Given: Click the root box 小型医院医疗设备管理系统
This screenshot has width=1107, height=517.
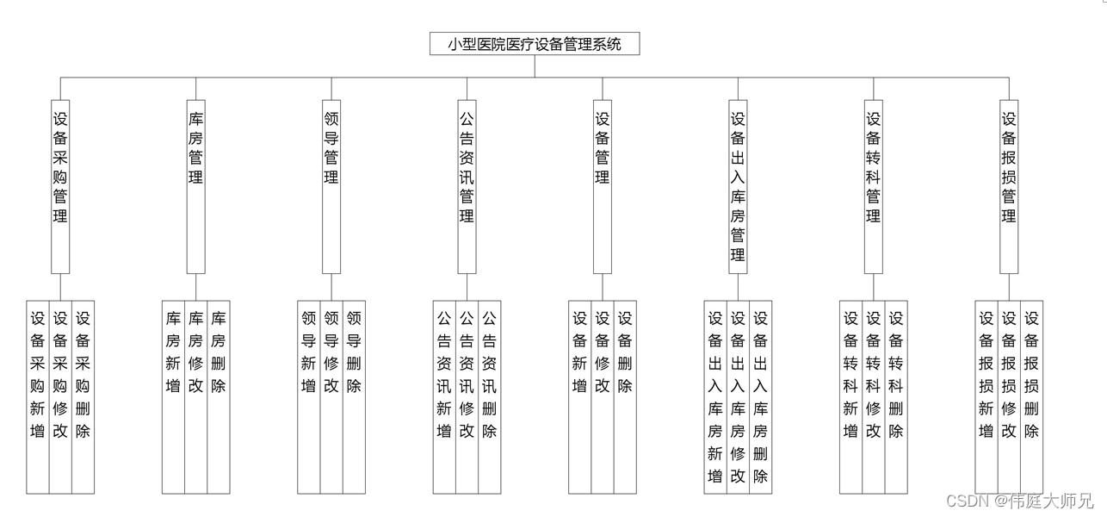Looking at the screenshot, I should point(535,44).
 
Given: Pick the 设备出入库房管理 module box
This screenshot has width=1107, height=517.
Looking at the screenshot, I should point(738,186).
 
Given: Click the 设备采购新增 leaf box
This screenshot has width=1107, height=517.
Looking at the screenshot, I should point(38,396).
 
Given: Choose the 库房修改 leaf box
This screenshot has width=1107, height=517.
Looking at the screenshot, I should point(196,396).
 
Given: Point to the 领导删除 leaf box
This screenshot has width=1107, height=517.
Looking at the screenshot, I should point(354,396).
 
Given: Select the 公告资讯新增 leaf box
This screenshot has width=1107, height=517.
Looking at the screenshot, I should point(444,396).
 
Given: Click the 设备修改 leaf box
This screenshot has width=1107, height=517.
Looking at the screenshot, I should point(603,396).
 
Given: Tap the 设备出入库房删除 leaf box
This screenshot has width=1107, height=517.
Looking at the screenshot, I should point(760,396).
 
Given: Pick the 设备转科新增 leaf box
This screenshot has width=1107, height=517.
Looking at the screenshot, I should point(851,396).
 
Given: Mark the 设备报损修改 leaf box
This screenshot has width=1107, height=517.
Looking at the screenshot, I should point(1009,396).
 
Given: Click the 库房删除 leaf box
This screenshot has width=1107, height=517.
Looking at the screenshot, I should point(219,396).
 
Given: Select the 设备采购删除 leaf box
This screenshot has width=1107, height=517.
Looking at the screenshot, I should point(83,396).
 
